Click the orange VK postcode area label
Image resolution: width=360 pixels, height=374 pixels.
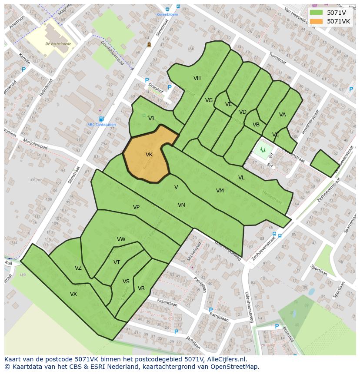coord(149,155)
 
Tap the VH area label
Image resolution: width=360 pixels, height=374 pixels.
coord(197,78)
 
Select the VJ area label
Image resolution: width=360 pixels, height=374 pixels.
coord(151,119)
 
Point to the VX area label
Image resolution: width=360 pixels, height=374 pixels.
coord(73,294)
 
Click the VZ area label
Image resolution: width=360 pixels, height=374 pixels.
coord(78,268)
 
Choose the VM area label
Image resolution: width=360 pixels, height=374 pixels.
coord(220,191)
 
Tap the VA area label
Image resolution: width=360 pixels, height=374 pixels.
coord(283,115)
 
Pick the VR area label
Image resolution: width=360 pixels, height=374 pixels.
coord(141,288)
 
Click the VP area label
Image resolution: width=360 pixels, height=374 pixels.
coord(136,207)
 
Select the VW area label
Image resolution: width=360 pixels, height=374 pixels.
coord(121,239)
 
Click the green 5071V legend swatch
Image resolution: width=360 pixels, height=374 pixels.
coord(317,13)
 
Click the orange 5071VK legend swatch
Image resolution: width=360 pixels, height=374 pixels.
coord(317,21)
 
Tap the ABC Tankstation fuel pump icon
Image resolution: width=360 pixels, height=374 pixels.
coord(101,119)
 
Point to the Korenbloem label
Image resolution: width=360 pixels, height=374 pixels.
coord(167,14)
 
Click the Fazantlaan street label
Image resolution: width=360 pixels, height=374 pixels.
coord(167,301)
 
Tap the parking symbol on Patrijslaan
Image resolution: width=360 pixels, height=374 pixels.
coord(211,310)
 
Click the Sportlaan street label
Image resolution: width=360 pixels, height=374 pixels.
coord(319,271)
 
